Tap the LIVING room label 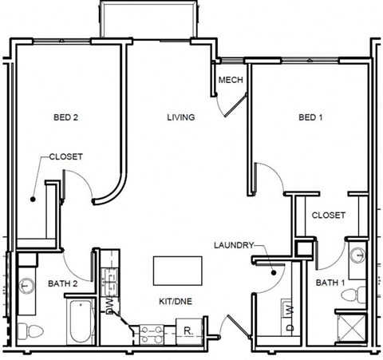tap(180, 117)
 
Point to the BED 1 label tap(311, 117)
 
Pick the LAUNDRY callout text tap(233, 245)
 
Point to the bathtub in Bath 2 tap(81, 323)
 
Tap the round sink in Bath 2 tap(26, 283)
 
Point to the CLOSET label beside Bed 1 tap(328, 215)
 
